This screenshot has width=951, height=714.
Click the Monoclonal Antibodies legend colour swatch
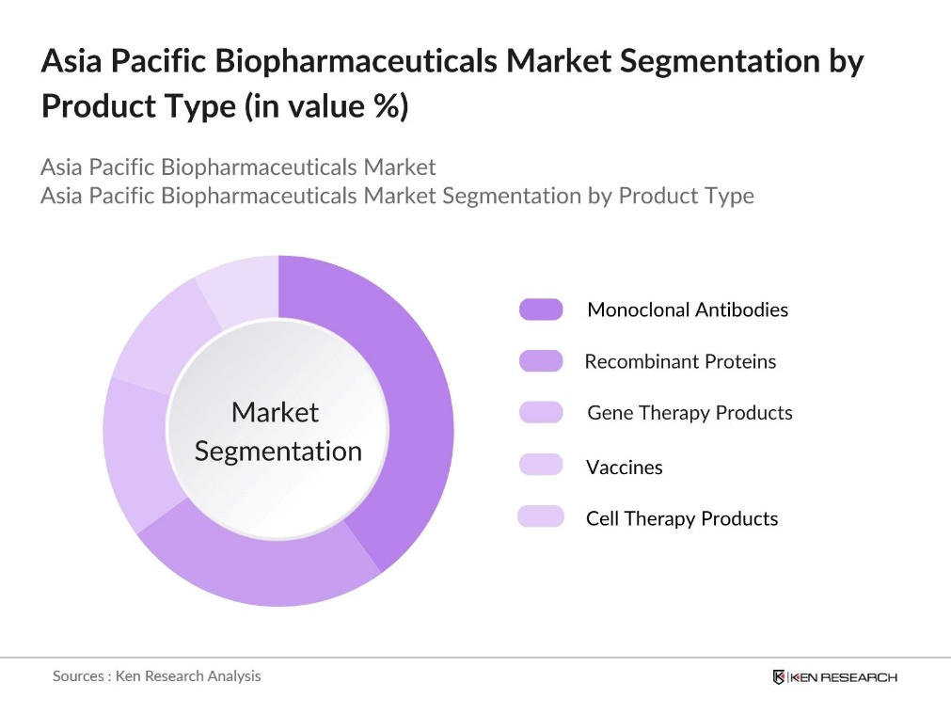click(x=541, y=309)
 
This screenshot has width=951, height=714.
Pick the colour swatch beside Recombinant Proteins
click(x=541, y=361)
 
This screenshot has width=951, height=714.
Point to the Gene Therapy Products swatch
click(x=541, y=413)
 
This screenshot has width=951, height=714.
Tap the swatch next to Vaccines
click(x=541, y=465)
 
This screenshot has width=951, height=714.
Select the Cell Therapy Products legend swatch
click(x=541, y=516)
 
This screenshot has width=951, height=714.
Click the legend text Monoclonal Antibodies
click(x=688, y=309)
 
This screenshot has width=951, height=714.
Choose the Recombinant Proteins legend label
click(x=680, y=361)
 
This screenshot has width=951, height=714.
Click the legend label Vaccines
click(x=624, y=468)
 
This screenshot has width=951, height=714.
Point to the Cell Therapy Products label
click(x=682, y=518)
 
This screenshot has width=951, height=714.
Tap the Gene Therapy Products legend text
click(x=689, y=413)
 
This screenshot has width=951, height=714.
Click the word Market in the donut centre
click(x=275, y=412)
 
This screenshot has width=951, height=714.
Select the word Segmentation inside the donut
click(x=277, y=451)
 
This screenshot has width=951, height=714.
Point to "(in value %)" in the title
click(x=325, y=106)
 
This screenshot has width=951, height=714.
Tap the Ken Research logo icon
click(x=779, y=677)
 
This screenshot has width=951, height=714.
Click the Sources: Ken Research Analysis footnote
click(x=156, y=675)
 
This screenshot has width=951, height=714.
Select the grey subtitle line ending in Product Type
click(x=397, y=196)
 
